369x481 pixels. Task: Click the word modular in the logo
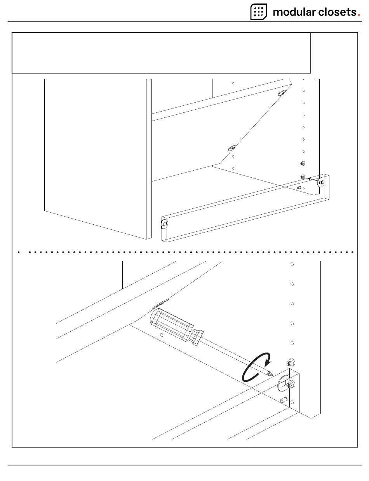(x=294, y=12)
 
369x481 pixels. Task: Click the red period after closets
(x=359, y=15)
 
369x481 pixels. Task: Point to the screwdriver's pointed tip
(x=271, y=374)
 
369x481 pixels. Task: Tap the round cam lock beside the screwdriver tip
(x=283, y=385)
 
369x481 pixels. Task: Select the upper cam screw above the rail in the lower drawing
(x=290, y=363)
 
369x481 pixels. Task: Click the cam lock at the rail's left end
(x=164, y=224)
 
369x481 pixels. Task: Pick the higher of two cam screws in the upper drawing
(x=303, y=164)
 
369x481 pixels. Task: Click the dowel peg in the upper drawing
(x=299, y=187)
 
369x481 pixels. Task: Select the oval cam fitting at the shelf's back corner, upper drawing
(x=282, y=93)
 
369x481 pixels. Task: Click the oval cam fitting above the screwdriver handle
(x=160, y=303)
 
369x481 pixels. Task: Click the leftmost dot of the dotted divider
(x=19, y=252)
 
